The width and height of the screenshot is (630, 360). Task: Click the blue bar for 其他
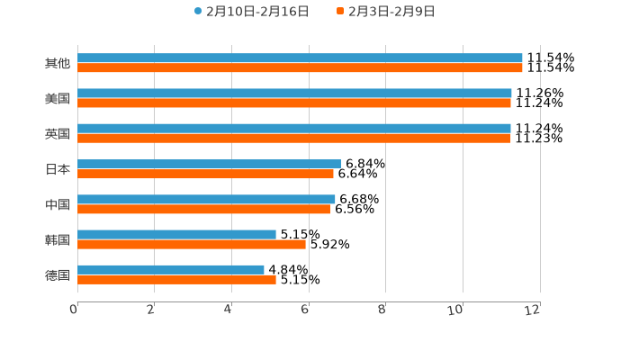pos(300,58)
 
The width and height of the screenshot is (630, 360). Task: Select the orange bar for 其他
pos(300,67)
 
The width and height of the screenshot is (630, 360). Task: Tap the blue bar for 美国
pos(294,93)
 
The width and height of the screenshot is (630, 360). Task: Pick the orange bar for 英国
pos(294,138)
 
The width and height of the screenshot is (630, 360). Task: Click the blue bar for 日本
pos(209,164)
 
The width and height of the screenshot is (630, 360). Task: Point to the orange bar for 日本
pos(205,174)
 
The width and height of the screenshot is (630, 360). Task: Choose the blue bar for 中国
pos(206,199)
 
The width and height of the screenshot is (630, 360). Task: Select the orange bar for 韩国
pos(192,244)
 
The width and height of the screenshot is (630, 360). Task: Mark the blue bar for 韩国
pos(176,234)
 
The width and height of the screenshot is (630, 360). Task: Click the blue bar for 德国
pos(171,269)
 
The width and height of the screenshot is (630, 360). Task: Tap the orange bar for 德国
pos(176,279)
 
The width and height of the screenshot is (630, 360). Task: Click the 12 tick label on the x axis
pos(533,310)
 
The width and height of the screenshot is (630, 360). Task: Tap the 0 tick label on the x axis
pos(74,310)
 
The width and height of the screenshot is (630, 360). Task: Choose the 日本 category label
pos(58,169)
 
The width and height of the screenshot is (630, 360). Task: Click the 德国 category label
pos(58,274)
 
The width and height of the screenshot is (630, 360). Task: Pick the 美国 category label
pos(58,98)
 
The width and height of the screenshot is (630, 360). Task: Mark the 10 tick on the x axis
pos(456,310)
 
